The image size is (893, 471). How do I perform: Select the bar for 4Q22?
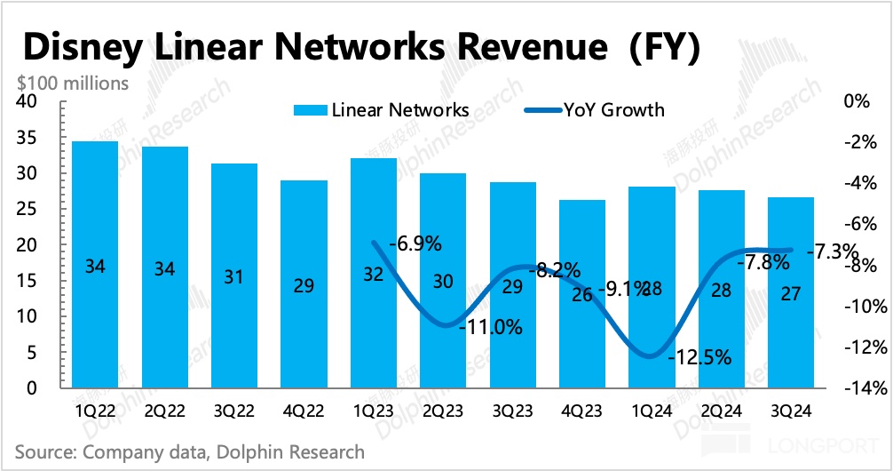304,284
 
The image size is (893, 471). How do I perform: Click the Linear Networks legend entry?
381,111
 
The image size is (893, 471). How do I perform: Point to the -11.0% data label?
491,326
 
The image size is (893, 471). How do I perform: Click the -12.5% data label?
701,357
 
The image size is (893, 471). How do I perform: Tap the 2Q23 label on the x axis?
444,411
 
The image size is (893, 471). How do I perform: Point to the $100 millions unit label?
73,84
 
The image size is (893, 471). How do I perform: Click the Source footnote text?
190,452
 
